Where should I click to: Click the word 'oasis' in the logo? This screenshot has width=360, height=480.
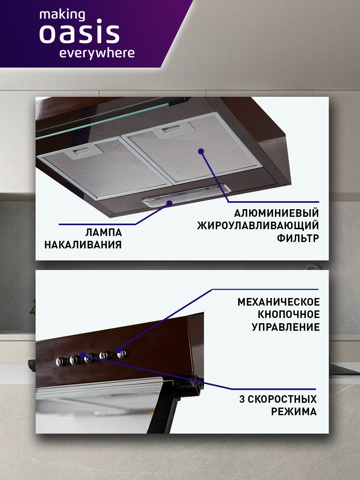pyautogui.click(x=79, y=34)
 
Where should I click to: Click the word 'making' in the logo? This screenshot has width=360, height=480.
pyautogui.click(x=62, y=15)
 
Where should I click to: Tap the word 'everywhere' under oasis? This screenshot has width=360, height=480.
pyautogui.click(x=97, y=53)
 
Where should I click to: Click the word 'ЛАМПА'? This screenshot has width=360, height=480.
pyautogui.click(x=104, y=232)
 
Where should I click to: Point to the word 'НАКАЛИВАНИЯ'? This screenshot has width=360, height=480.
pyautogui.click(x=83, y=245)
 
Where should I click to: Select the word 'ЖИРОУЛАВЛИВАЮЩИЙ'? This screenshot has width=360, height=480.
pyautogui.click(x=258, y=226)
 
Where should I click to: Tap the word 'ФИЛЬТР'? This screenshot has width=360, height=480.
pyautogui.click(x=298, y=239)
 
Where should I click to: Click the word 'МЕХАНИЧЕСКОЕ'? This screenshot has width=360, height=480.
pyautogui.click(x=279, y=302)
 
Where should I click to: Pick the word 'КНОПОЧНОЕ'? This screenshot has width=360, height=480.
pyautogui.click(x=288, y=314)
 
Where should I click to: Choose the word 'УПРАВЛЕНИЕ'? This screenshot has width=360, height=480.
pyautogui.click(x=286, y=327)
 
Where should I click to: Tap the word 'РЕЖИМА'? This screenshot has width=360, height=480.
pyautogui.click(x=294, y=412)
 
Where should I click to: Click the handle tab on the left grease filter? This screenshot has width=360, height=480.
pyautogui.click(x=82, y=151)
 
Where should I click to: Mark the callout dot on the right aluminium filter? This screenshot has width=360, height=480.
pyautogui.click(x=201, y=151)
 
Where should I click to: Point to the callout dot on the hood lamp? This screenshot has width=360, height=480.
pyautogui.click(x=170, y=203)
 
